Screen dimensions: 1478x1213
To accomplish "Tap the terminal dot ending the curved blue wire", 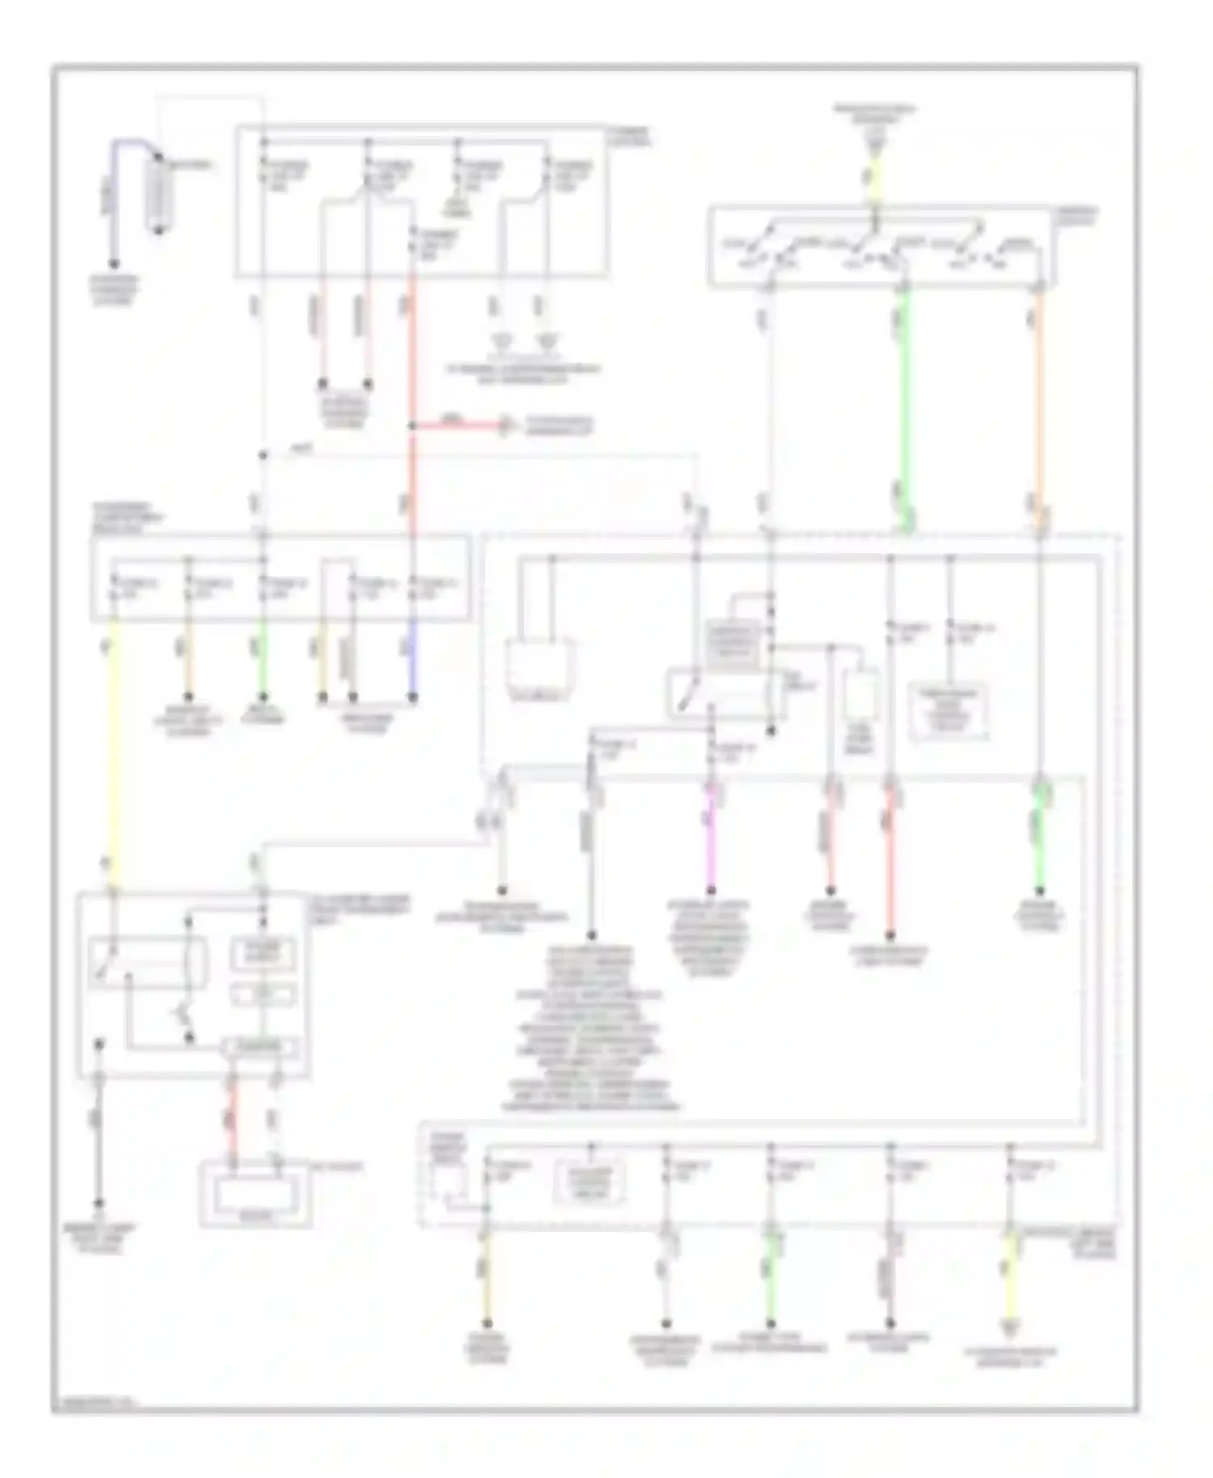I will tap(114, 264).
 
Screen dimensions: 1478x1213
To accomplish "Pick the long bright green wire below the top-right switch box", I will tap(905, 404).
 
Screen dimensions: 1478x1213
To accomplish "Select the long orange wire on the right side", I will tap(1040, 404).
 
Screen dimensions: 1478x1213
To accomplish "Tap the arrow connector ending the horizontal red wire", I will tap(506, 424).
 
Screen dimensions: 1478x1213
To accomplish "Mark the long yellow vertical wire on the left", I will tap(114, 752).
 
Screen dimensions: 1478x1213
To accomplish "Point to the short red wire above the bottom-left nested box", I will tap(233, 1120).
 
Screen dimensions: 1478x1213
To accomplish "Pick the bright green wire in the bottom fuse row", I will tap(771, 1277).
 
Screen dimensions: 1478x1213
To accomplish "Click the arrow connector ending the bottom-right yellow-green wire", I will tap(1009, 1326).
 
